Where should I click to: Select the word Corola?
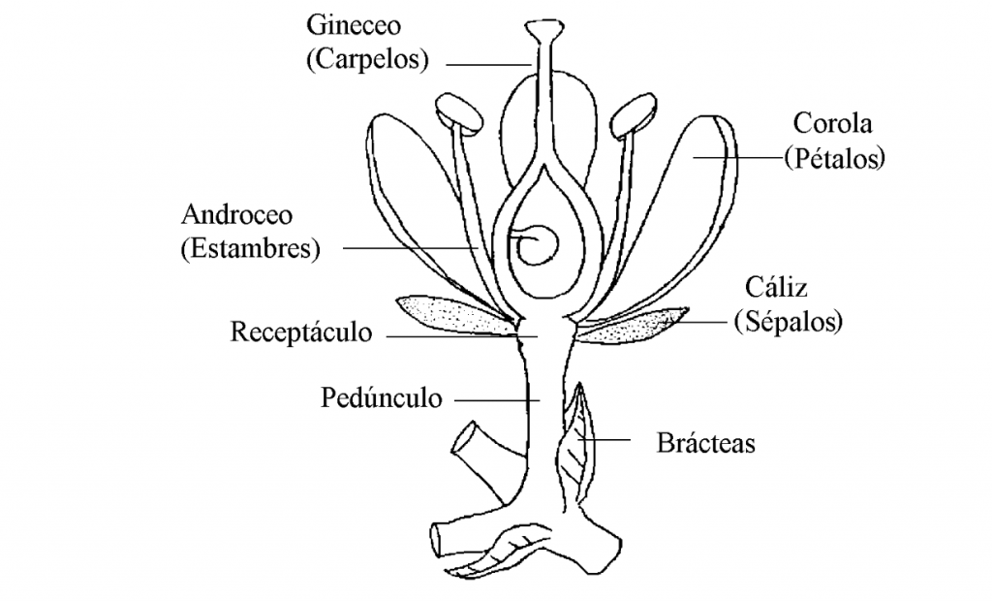click(832, 123)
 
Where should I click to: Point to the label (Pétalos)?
click(834, 157)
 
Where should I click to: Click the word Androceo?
click(236, 214)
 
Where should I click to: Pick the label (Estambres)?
click(249, 248)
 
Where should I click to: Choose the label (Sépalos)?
click(786, 321)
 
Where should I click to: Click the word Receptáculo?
click(301, 332)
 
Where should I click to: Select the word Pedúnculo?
click(381, 397)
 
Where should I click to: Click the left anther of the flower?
click(460, 113)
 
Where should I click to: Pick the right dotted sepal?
click(635, 326)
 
